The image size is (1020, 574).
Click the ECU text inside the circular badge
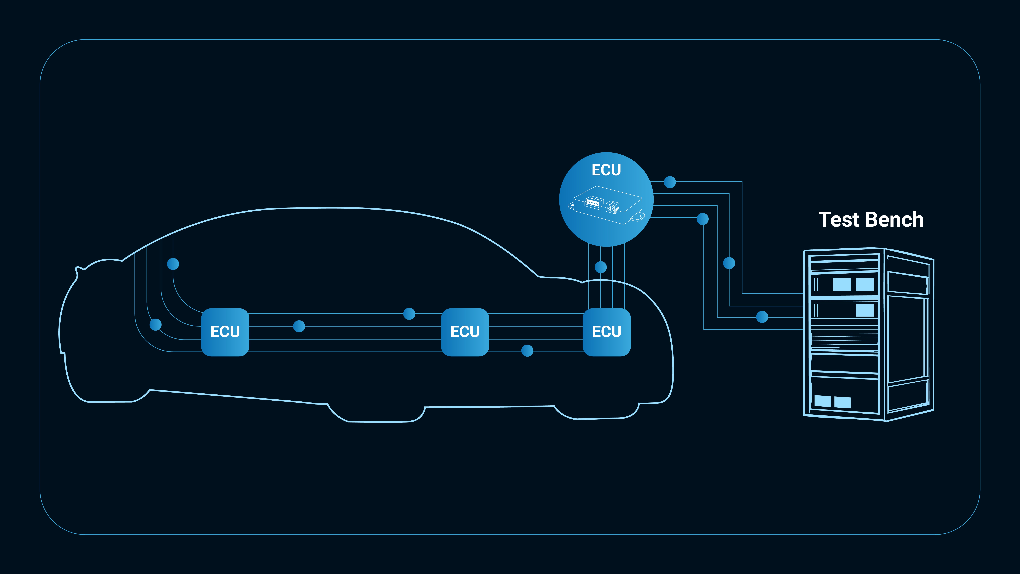pos(606,170)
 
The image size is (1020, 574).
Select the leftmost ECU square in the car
pos(225,332)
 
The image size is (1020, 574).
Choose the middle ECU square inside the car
pos(465,332)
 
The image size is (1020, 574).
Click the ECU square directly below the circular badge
pos(606,332)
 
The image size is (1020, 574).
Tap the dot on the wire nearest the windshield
pos(173,264)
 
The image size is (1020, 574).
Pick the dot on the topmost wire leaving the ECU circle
pos(670,182)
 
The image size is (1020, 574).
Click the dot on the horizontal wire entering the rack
pos(762,317)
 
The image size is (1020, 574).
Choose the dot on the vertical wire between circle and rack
pos(729,263)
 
